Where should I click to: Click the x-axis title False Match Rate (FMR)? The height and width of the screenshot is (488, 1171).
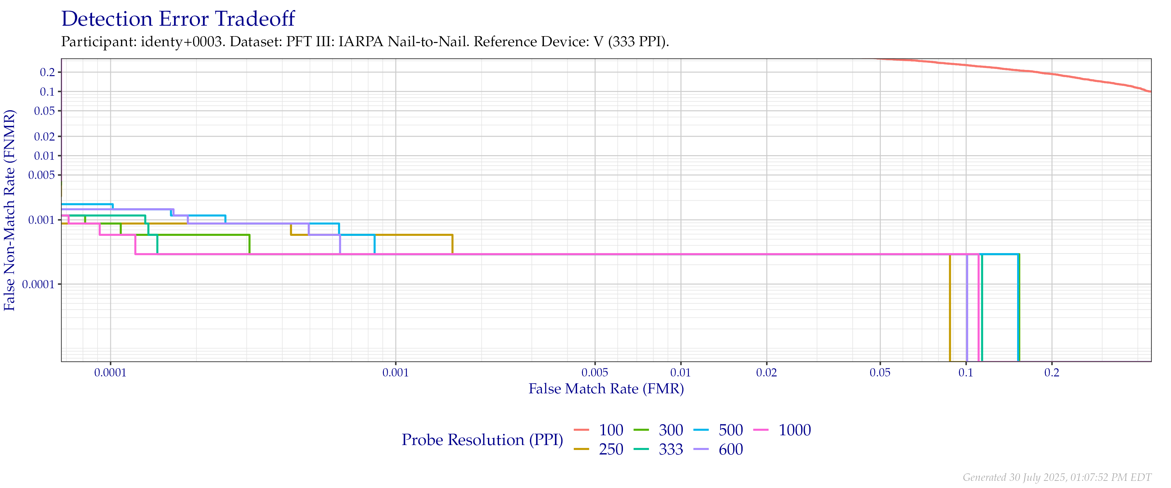tap(606, 389)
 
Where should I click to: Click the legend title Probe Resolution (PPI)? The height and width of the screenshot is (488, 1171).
tap(482, 440)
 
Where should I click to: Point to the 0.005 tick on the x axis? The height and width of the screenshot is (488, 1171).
tap(595, 373)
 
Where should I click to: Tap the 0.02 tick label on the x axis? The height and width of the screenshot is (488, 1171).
tap(766, 373)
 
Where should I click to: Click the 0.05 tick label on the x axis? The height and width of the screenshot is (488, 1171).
tap(880, 373)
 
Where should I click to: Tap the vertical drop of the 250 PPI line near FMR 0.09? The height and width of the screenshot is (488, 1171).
tap(949, 309)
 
